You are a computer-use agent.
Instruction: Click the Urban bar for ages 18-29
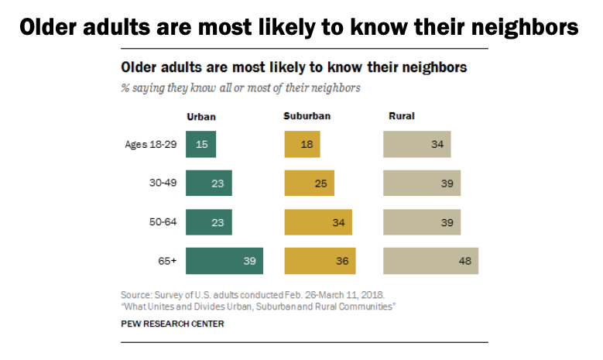[200, 145]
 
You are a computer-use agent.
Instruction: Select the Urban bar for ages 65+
[224, 261]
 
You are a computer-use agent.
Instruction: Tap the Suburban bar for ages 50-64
[318, 222]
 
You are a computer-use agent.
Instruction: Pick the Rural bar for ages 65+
[430, 261]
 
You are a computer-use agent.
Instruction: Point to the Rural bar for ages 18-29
[416, 145]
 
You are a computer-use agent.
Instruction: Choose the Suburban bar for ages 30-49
[310, 183]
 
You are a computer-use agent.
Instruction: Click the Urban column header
[201, 117]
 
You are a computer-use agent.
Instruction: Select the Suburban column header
[307, 117]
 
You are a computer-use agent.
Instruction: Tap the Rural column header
[401, 117]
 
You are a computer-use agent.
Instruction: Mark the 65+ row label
[167, 261]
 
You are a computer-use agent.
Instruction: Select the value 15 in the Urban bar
[201, 145]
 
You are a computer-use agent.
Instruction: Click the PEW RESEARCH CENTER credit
[173, 324]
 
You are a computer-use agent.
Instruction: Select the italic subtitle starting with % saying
[240, 87]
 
